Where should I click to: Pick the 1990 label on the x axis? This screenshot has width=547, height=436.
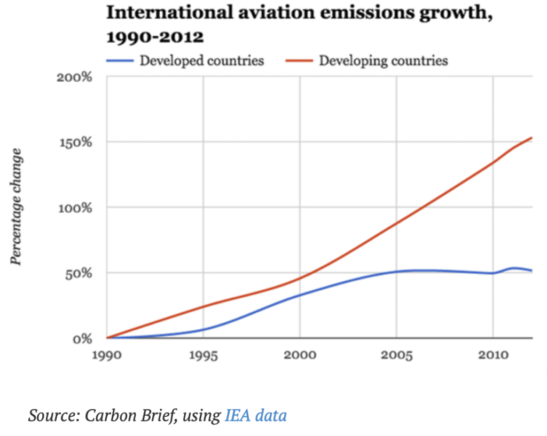tap(107, 355)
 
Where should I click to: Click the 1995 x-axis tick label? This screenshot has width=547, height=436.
tap(203, 355)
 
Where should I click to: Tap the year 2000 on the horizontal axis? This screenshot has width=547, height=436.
tap(300, 355)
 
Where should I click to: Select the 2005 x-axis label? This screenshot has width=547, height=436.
tap(396, 355)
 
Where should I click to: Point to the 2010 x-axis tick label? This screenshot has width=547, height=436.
tap(493, 355)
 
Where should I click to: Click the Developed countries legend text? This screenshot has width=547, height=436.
tap(202, 60)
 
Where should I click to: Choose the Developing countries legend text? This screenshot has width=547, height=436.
tap(383, 60)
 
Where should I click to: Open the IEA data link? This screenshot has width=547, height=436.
tap(255, 415)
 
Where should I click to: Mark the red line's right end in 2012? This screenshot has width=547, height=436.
tap(532, 138)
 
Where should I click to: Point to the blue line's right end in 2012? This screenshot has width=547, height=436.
tap(532, 271)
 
